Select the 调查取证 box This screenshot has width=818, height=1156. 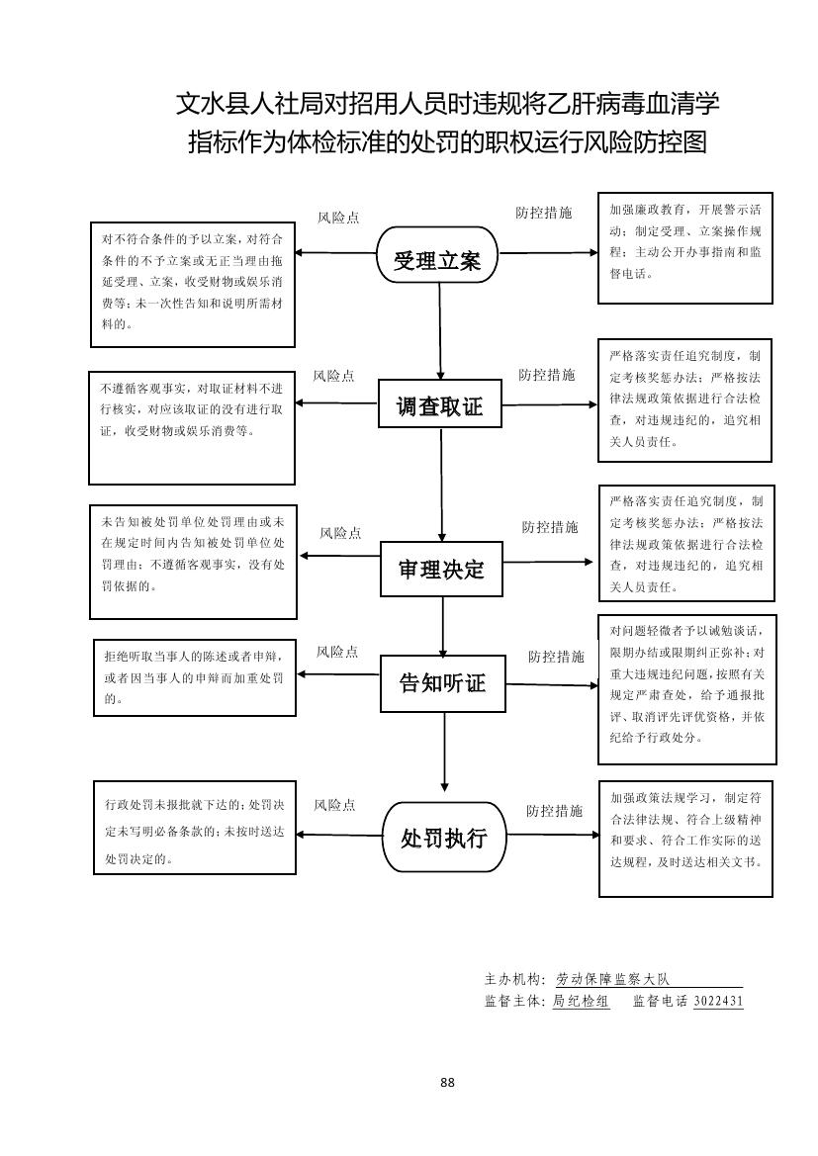[440, 405]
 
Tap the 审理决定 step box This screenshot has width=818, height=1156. [441, 570]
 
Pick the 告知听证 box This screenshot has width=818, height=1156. [442, 682]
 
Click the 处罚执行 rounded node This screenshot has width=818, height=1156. [443, 839]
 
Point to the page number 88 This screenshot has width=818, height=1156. [447, 1083]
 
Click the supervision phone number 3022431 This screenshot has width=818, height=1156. [718, 1001]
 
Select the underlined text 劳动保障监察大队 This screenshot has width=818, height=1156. [613, 979]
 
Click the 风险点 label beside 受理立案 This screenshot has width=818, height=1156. [338, 218]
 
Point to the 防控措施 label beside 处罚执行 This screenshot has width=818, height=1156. [554, 811]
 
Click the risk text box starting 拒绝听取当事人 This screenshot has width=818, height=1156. [193, 677]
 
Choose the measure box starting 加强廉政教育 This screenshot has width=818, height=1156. [685, 247]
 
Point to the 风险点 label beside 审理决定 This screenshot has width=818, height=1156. [340, 533]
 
